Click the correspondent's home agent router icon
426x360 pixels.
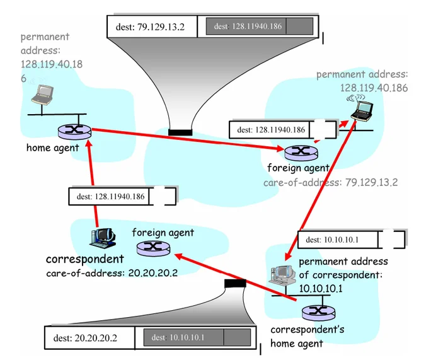[313, 313]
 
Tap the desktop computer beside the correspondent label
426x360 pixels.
[103, 237]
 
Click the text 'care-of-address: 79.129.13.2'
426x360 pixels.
[330, 182]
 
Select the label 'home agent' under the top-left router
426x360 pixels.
[52, 148]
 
